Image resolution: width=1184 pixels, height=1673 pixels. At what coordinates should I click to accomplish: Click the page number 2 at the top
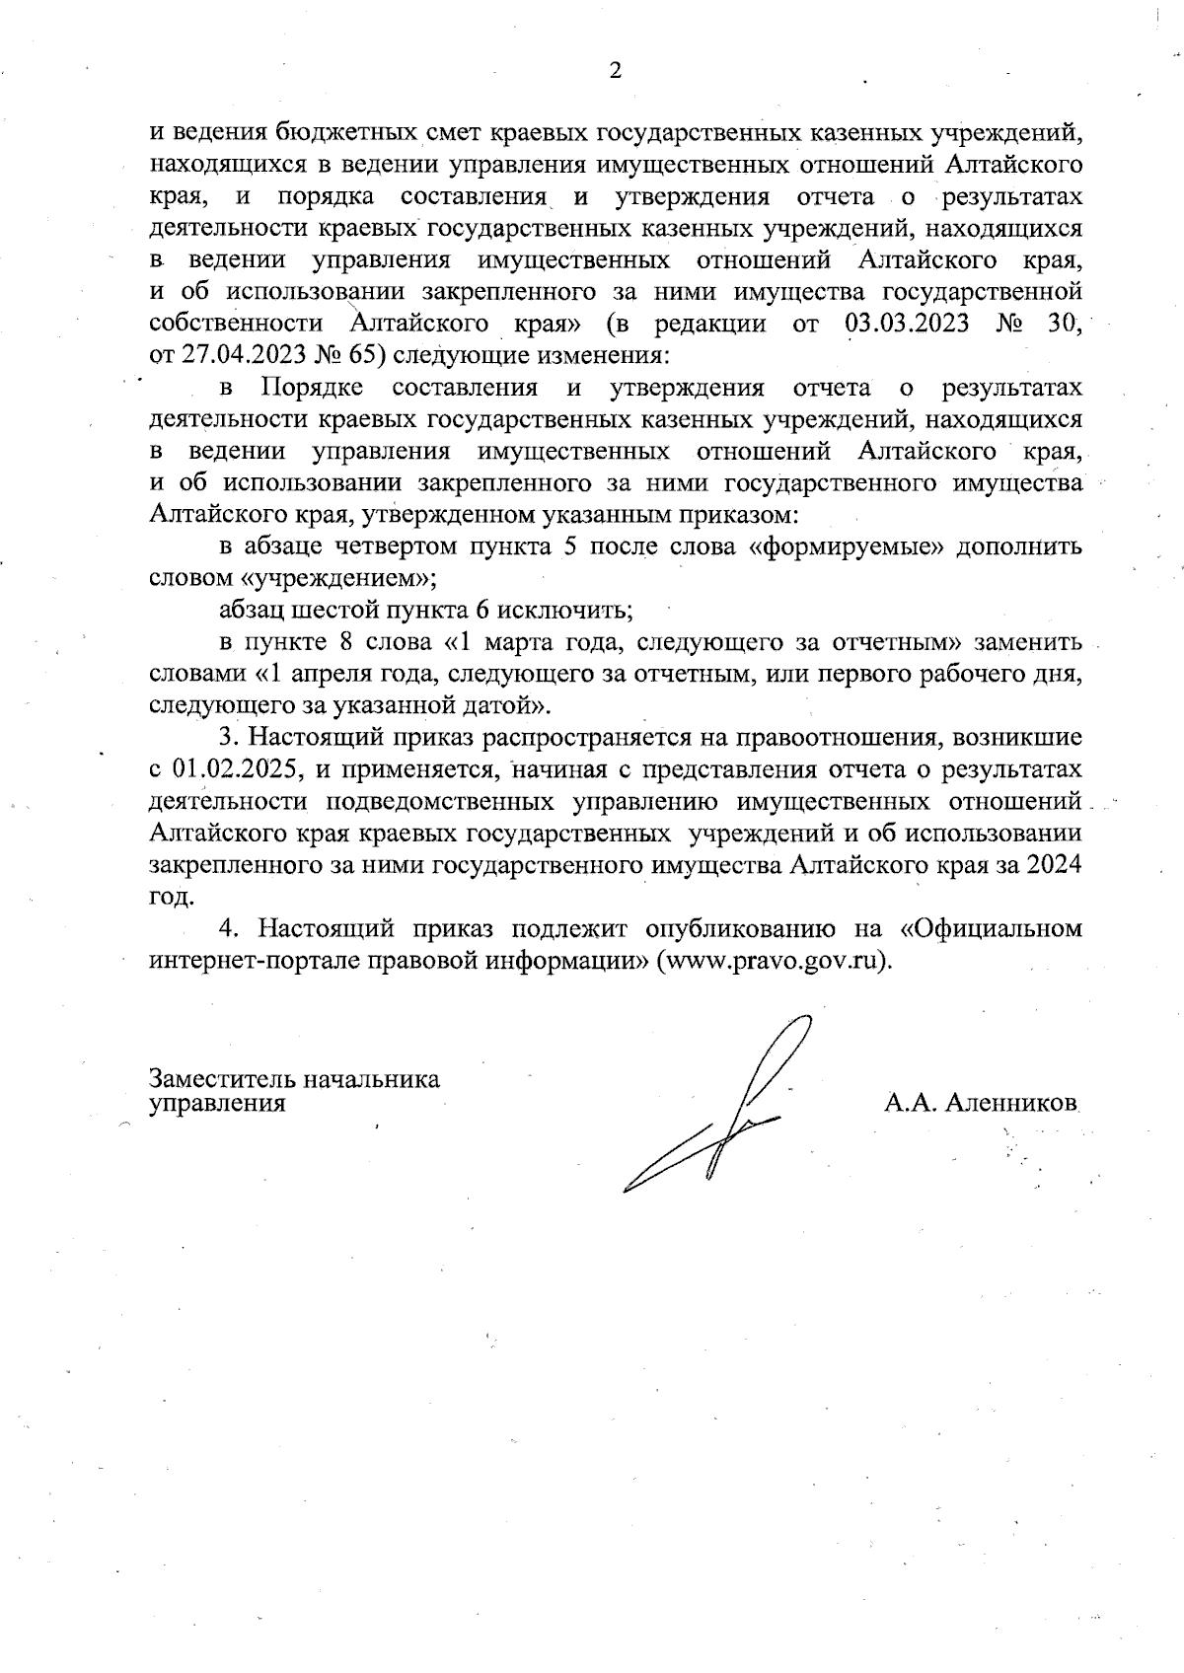coord(616,70)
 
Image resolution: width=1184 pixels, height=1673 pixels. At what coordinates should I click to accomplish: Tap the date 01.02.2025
coord(233,769)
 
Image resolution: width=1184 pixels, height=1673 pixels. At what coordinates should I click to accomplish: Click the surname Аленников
coord(1009,1104)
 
